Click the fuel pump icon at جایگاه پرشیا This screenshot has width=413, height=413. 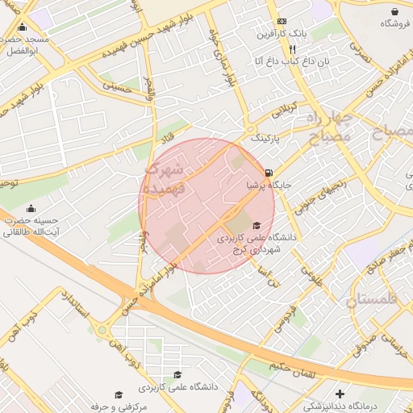pyautogui.click(x=269, y=173)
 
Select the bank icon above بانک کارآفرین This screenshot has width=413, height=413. pyautogui.click(x=281, y=21)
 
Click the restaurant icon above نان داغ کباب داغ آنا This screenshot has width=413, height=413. pyautogui.click(x=281, y=48)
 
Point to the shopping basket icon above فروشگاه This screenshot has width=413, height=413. pyautogui.click(x=394, y=12)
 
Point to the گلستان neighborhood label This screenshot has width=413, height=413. pyautogui.click(x=372, y=301)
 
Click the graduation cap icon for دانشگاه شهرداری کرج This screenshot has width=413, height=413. pyautogui.click(x=257, y=225)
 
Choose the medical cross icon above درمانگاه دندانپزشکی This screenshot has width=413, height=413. pyautogui.click(x=340, y=394)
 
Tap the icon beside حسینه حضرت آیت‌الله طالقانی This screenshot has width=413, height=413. pyautogui.click(x=31, y=209)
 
